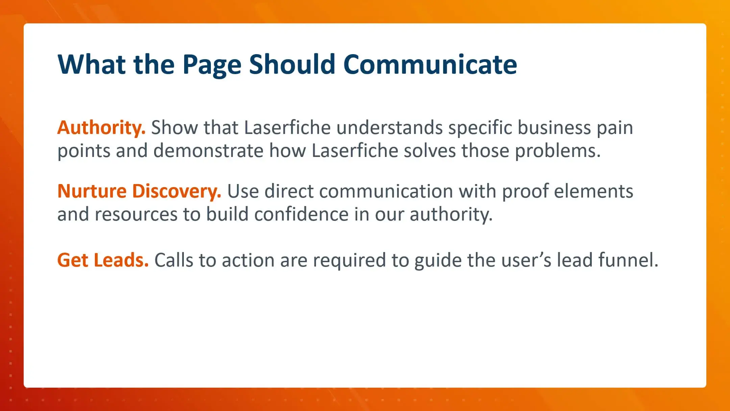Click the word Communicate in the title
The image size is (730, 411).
(430, 64)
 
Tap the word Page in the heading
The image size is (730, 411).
(212, 65)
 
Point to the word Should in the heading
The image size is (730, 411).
(292, 64)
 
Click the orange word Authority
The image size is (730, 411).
(101, 128)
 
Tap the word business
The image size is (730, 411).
(554, 128)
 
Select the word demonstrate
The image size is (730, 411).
(208, 151)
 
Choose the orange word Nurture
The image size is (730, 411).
(92, 191)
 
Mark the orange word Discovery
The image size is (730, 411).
(176, 192)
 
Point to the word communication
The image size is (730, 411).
(386, 191)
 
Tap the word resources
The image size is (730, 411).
(136, 214)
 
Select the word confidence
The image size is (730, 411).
(301, 214)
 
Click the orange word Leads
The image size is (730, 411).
(121, 260)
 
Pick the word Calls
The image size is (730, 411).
(174, 260)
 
